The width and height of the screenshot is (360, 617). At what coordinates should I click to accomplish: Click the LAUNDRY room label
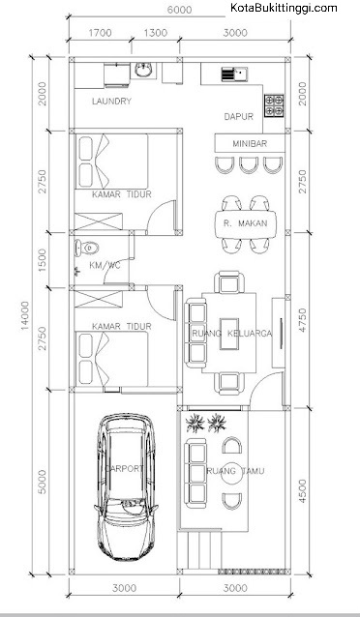pyautogui.click(x=111, y=102)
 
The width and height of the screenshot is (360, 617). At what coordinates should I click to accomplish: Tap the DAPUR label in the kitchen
pyautogui.click(x=239, y=116)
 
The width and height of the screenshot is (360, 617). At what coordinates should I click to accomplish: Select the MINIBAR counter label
pyautogui.click(x=250, y=144)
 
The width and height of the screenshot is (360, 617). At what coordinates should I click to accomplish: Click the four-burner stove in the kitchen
pyautogui.click(x=274, y=105)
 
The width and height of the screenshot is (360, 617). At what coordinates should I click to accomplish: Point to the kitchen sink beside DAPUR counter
pyautogui.click(x=234, y=73)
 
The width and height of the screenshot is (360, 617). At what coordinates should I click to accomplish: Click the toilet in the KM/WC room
pyautogui.click(x=87, y=248)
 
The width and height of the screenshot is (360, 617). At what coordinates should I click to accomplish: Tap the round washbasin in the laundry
pyautogui.click(x=143, y=70)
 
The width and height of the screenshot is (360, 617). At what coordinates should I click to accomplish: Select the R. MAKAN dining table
pyautogui.click(x=246, y=223)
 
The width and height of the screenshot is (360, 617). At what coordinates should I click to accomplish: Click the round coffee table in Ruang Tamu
pyautogui.click(x=231, y=473)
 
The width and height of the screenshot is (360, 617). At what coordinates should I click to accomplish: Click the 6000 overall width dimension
pyautogui.click(x=180, y=10)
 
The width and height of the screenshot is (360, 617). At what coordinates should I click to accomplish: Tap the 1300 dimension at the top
pyautogui.click(x=156, y=33)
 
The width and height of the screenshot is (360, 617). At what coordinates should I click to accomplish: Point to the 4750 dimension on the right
pyautogui.click(x=302, y=320)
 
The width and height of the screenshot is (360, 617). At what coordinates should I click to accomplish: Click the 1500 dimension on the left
pyautogui.click(x=43, y=260)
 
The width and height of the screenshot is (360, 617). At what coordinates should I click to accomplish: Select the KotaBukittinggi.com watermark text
pyautogui.click(x=284, y=8)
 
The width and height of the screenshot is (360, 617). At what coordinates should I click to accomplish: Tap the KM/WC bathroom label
pyautogui.click(x=105, y=265)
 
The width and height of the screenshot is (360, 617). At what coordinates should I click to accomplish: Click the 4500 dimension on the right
pyautogui.click(x=302, y=490)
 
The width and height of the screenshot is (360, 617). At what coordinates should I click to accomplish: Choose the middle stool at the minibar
pyautogui.click(x=249, y=164)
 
